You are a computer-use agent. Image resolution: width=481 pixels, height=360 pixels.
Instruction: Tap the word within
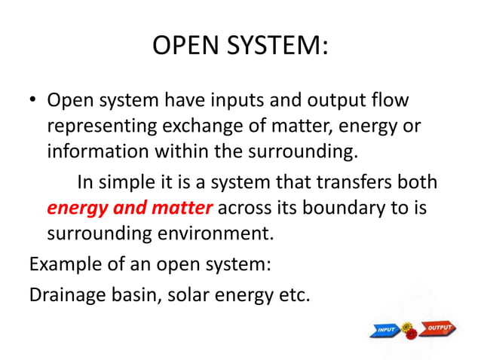click(x=183, y=151)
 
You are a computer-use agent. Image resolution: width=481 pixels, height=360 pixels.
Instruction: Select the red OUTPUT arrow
click(x=440, y=328)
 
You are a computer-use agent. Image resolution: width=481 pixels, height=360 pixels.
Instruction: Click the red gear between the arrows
click(x=411, y=335)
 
